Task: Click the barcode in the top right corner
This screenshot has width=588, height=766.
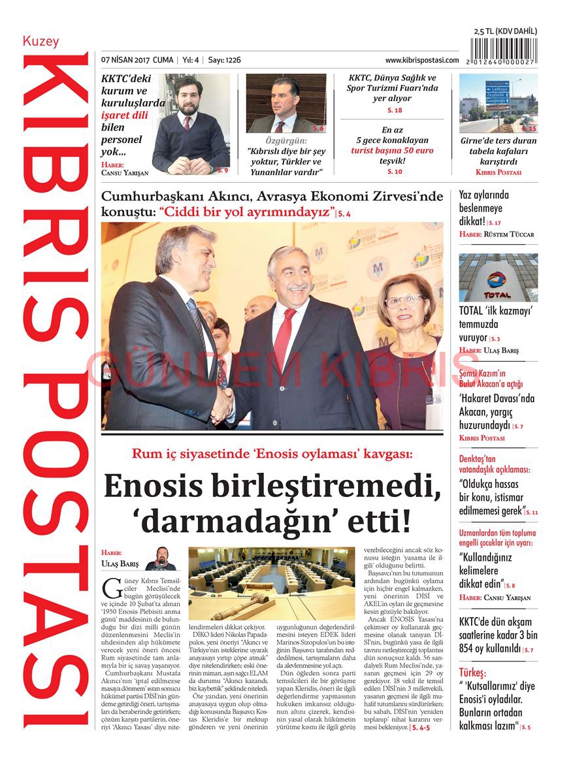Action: click(x=504, y=51)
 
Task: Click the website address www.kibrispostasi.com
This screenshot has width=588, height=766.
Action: click(x=421, y=60)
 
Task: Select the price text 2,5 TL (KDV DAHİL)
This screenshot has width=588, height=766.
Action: click(x=505, y=31)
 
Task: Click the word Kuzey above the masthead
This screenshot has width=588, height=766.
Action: click(x=41, y=41)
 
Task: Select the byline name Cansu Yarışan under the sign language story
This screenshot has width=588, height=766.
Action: click(x=125, y=173)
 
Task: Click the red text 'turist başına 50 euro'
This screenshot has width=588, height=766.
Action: click(x=392, y=150)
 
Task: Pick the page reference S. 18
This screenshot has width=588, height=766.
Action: click(x=394, y=110)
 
